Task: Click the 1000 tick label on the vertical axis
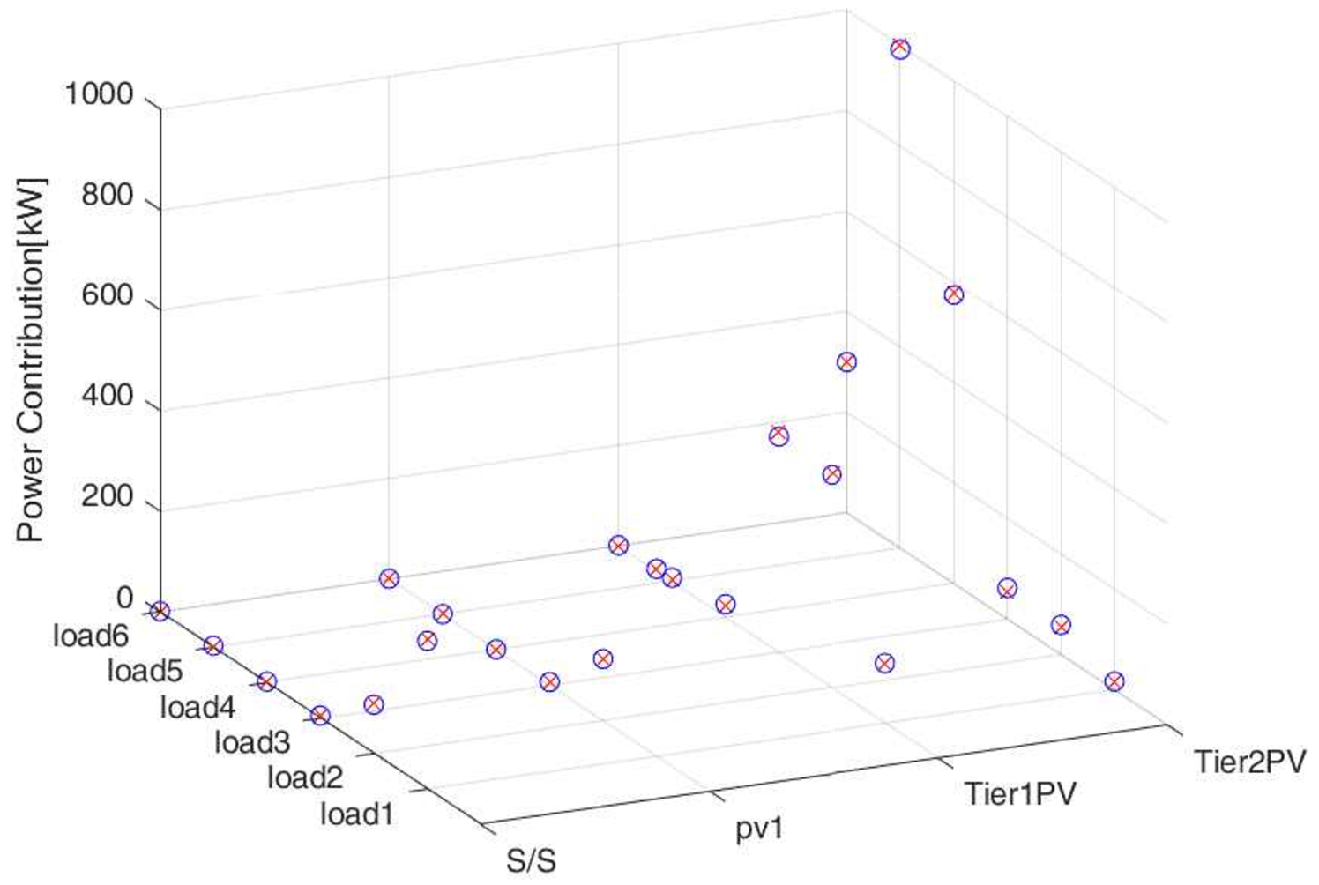point(99,94)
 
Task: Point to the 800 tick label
point(107,195)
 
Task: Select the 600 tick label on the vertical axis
point(107,296)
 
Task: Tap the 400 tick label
point(107,397)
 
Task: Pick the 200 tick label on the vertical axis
point(107,498)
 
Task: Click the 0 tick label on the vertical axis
point(124,599)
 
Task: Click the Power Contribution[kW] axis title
point(31,360)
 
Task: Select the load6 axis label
point(91,636)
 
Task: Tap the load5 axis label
point(145,672)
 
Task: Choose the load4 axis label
point(197,707)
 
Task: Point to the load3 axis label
point(251,742)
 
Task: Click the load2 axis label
point(304,777)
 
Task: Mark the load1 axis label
point(357,814)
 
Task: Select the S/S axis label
point(532,860)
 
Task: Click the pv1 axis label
point(759,829)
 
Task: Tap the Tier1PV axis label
point(1020,793)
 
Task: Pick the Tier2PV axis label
point(1249,761)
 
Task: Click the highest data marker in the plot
point(899,49)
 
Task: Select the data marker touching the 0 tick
point(160,611)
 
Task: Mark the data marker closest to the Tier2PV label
point(1114,681)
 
